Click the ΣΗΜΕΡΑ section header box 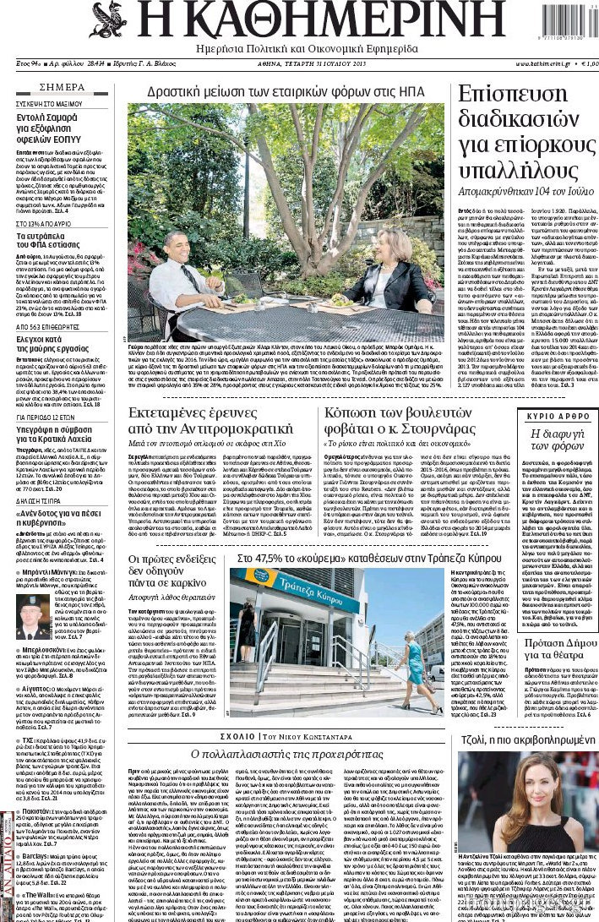click(62, 87)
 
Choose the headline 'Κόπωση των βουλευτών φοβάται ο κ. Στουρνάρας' click(400, 422)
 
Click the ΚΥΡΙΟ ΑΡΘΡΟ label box click(558, 417)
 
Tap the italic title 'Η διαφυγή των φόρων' click(558, 440)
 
